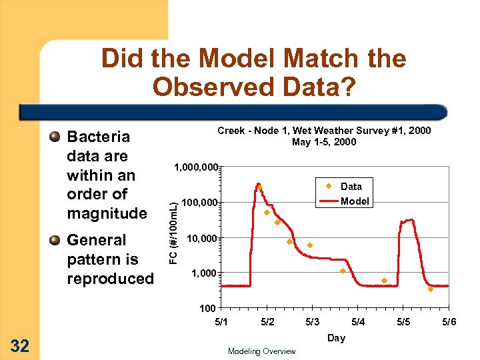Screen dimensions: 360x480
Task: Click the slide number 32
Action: pyautogui.click(x=20, y=345)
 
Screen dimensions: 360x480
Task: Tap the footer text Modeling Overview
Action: pyautogui.click(x=261, y=351)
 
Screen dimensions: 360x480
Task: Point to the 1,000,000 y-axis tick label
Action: pyautogui.click(x=195, y=167)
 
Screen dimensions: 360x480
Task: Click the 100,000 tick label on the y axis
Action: pyautogui.click(x=200, y=202)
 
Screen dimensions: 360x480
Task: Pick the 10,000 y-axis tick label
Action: pyautogui.click(x=203, y=238)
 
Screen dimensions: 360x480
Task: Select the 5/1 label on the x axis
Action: pyautogui.click(x=221, y=323)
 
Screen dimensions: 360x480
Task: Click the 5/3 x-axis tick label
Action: pyautogui.click(x=312, y=323)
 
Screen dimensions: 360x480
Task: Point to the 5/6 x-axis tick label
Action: pyautogui.click(x=449, y=323)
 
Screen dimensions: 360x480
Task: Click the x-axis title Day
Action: pyautogui.click(x=336, y=338)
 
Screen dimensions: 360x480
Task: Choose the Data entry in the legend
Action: pyautogui.click(x=351, y=187)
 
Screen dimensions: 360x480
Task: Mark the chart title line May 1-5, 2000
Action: pyautogui.click(x=324, y=142)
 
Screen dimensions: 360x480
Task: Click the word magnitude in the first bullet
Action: pyautogui.click(x=107, y=213)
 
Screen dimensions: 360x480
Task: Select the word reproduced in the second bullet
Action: pyautogui.click(x=110, y=279)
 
